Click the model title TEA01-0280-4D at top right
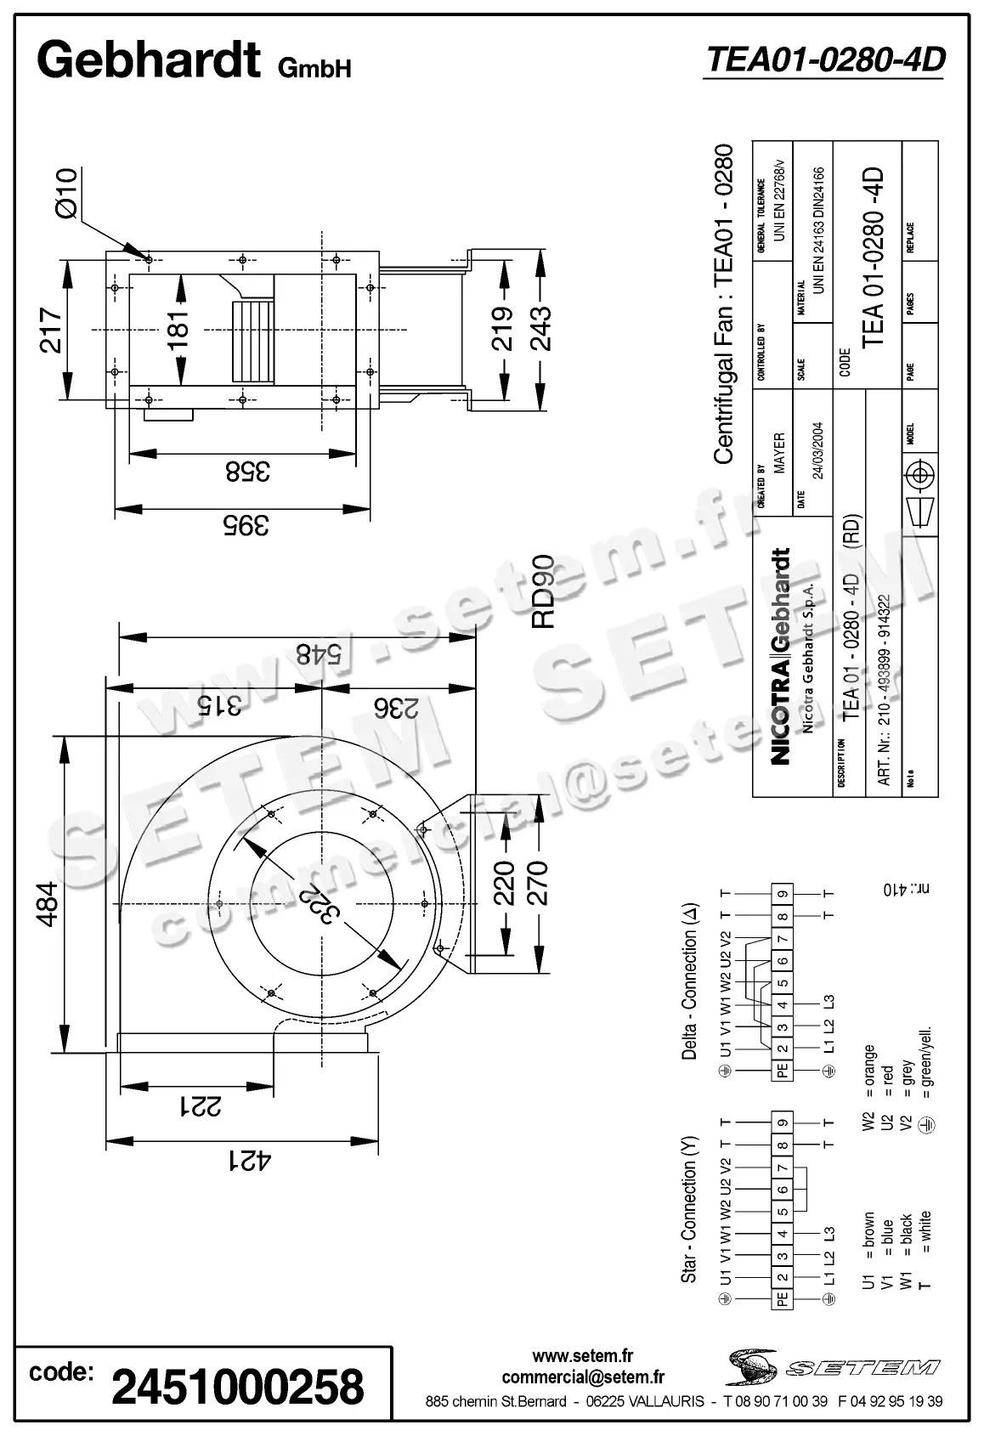824,60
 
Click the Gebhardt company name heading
149,61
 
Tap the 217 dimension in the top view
52,330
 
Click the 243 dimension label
540,326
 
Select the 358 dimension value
247,470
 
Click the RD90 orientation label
542,591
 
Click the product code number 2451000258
238,1386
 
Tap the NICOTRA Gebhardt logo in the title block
783,655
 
